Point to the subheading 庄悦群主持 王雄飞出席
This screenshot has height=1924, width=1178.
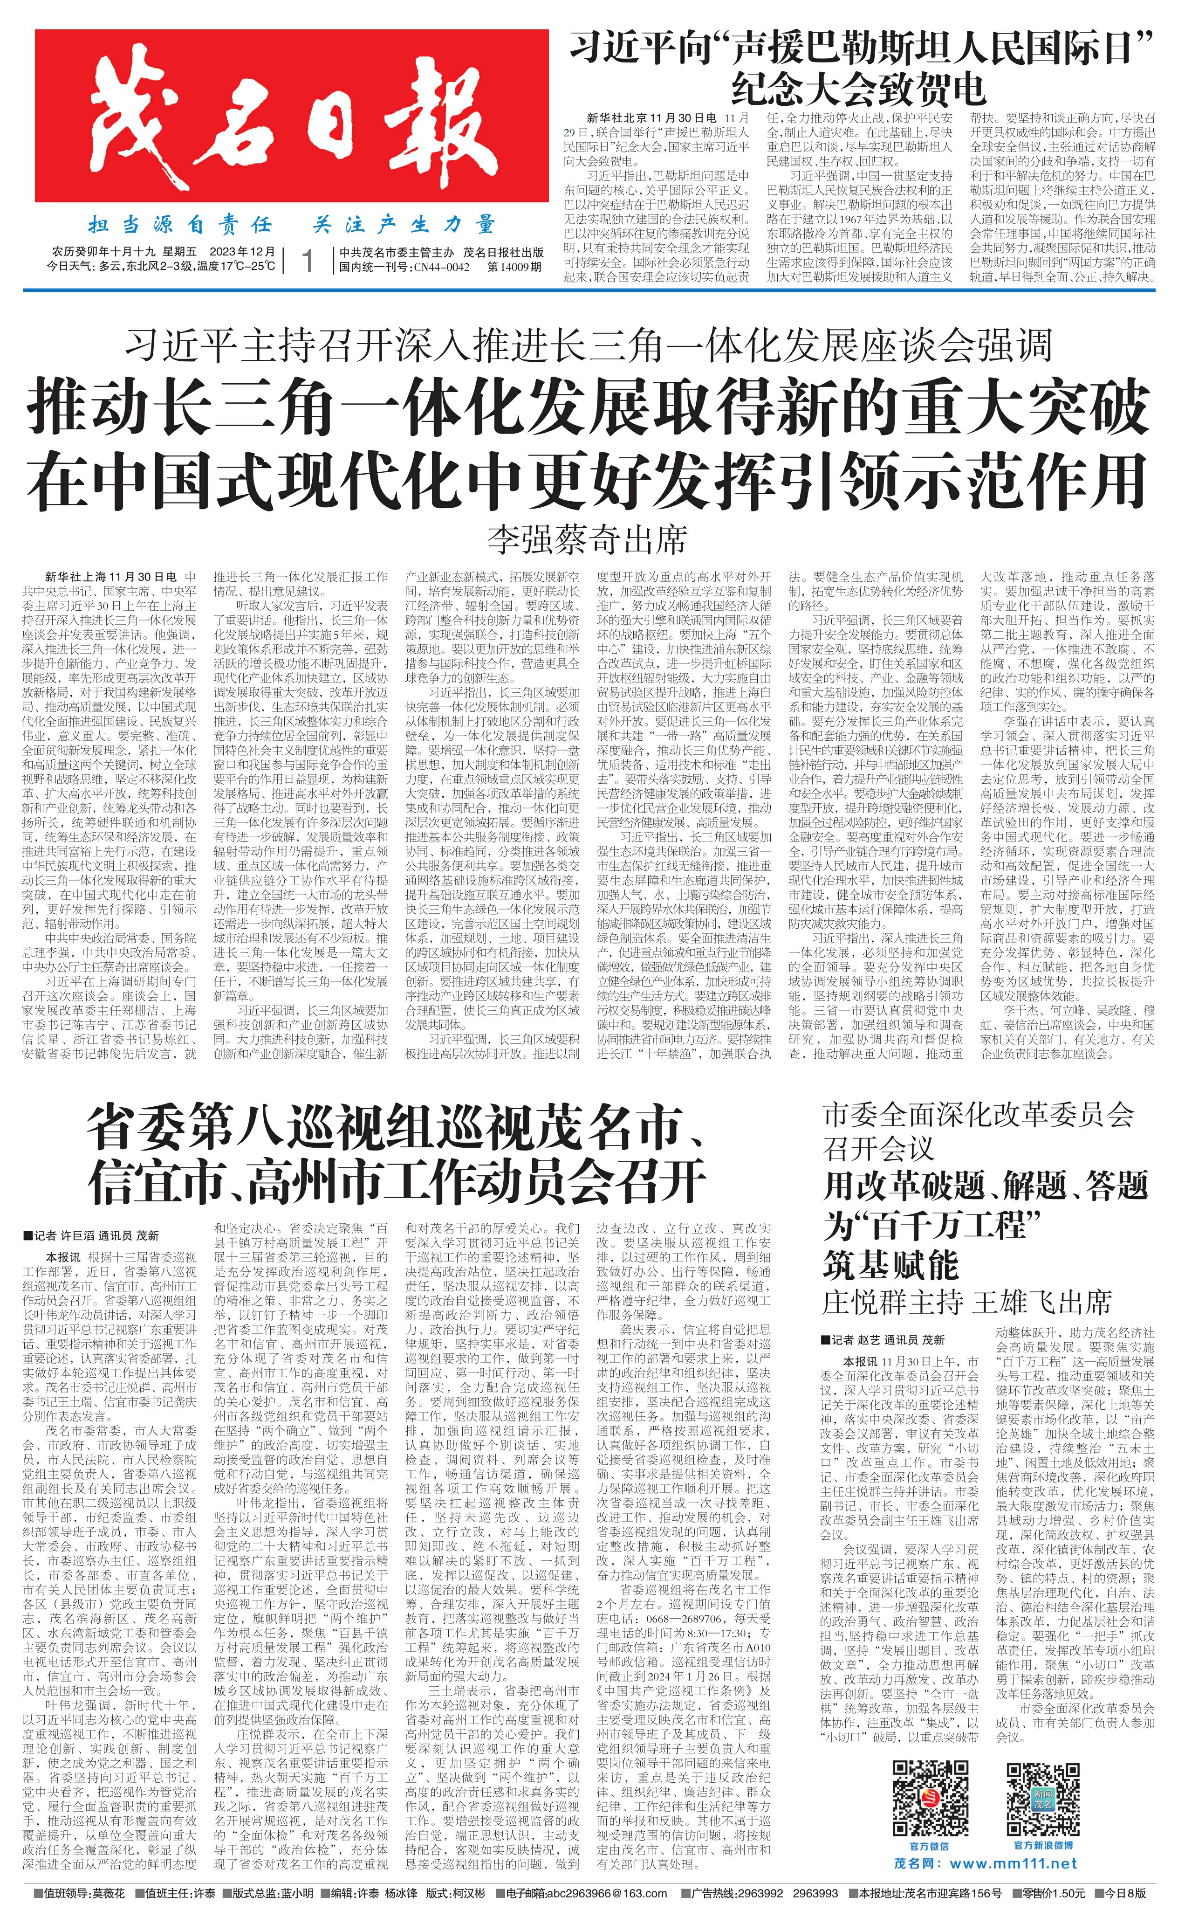[966, 1302]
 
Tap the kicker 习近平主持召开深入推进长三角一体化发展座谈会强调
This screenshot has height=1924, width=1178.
[589, 345]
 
